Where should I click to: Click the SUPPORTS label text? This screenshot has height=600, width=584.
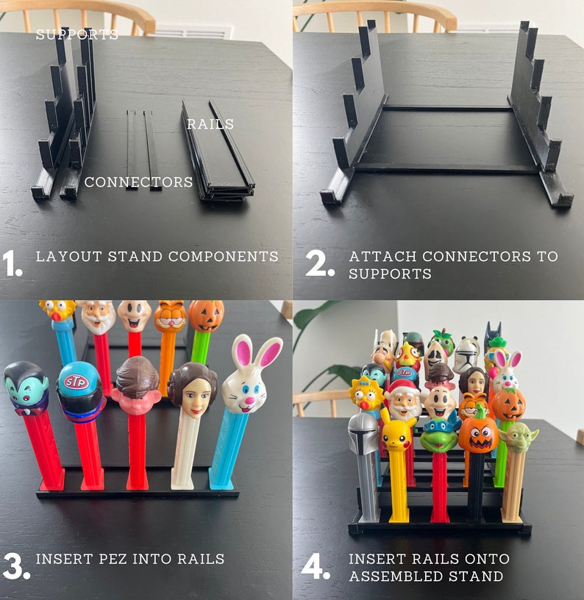click(x=76, y=35)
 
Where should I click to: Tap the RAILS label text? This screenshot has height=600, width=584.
click(x=210, y=124)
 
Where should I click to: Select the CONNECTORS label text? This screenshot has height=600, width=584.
click(x=138, y=182)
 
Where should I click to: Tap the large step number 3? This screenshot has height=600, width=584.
click(x=15, y=565)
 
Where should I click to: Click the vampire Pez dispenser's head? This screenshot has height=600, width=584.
click(x=26, y=387)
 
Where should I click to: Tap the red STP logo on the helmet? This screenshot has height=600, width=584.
click(x=76, y=382)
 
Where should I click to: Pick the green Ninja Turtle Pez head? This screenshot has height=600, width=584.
click(x=439, y=431)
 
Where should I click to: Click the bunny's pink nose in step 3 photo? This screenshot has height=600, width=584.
click(x=249, y=401)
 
